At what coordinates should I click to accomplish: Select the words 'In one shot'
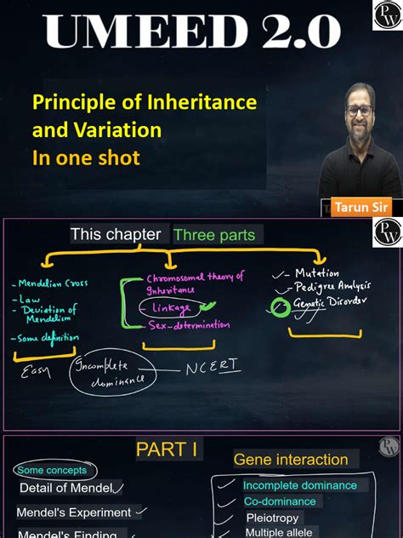click(x=86, y=158)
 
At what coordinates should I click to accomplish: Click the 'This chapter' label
click(x=116, y=234)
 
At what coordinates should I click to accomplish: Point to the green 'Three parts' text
click(x=213, y=235)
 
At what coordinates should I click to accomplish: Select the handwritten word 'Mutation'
click(x=317, y=273)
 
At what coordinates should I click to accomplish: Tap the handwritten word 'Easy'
click(x=36, y=372)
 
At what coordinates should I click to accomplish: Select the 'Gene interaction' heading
click(x=291, y=460)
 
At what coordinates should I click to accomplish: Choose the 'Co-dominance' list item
click(x=280, y=501)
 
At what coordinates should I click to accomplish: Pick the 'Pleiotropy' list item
click(x=272, y=518)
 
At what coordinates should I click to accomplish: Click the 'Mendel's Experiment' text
click(x=74, y=512)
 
